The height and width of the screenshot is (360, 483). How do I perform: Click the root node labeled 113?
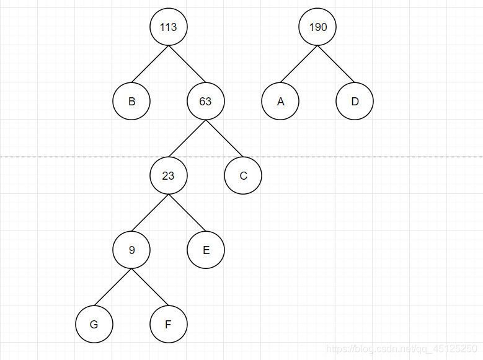coord(168,27)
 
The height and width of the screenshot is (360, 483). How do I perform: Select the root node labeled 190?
coord(317,27)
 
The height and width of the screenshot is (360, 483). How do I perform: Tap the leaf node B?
coord(131,102)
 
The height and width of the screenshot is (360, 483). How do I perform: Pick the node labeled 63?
coord(205,102)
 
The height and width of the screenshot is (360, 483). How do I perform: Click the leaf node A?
coord(280,102)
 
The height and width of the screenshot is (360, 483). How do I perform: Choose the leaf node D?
coord(355,102)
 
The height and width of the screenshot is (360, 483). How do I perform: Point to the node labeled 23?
coord(168,176)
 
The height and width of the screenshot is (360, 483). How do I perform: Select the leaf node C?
coord(243,176)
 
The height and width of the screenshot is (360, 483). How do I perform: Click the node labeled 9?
coord(131,250)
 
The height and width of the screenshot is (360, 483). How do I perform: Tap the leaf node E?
coord(206,250)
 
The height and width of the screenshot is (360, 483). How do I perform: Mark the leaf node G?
coord(94,324)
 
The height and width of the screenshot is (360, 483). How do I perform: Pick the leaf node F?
coord(169,324)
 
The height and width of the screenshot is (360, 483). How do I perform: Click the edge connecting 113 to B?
coord(149,64)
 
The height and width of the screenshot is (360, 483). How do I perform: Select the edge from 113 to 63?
coord(187,64)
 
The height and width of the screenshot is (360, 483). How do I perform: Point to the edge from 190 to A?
coord(298,64)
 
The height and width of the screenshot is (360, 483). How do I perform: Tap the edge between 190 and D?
coord(335,64)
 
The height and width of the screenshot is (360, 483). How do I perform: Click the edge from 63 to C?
coord(224,139)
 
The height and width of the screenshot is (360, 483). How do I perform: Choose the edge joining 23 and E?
coord(187,213)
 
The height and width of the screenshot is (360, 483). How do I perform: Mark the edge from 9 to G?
coord(113,288)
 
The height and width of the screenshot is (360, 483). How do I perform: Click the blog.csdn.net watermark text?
coord(402,349)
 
